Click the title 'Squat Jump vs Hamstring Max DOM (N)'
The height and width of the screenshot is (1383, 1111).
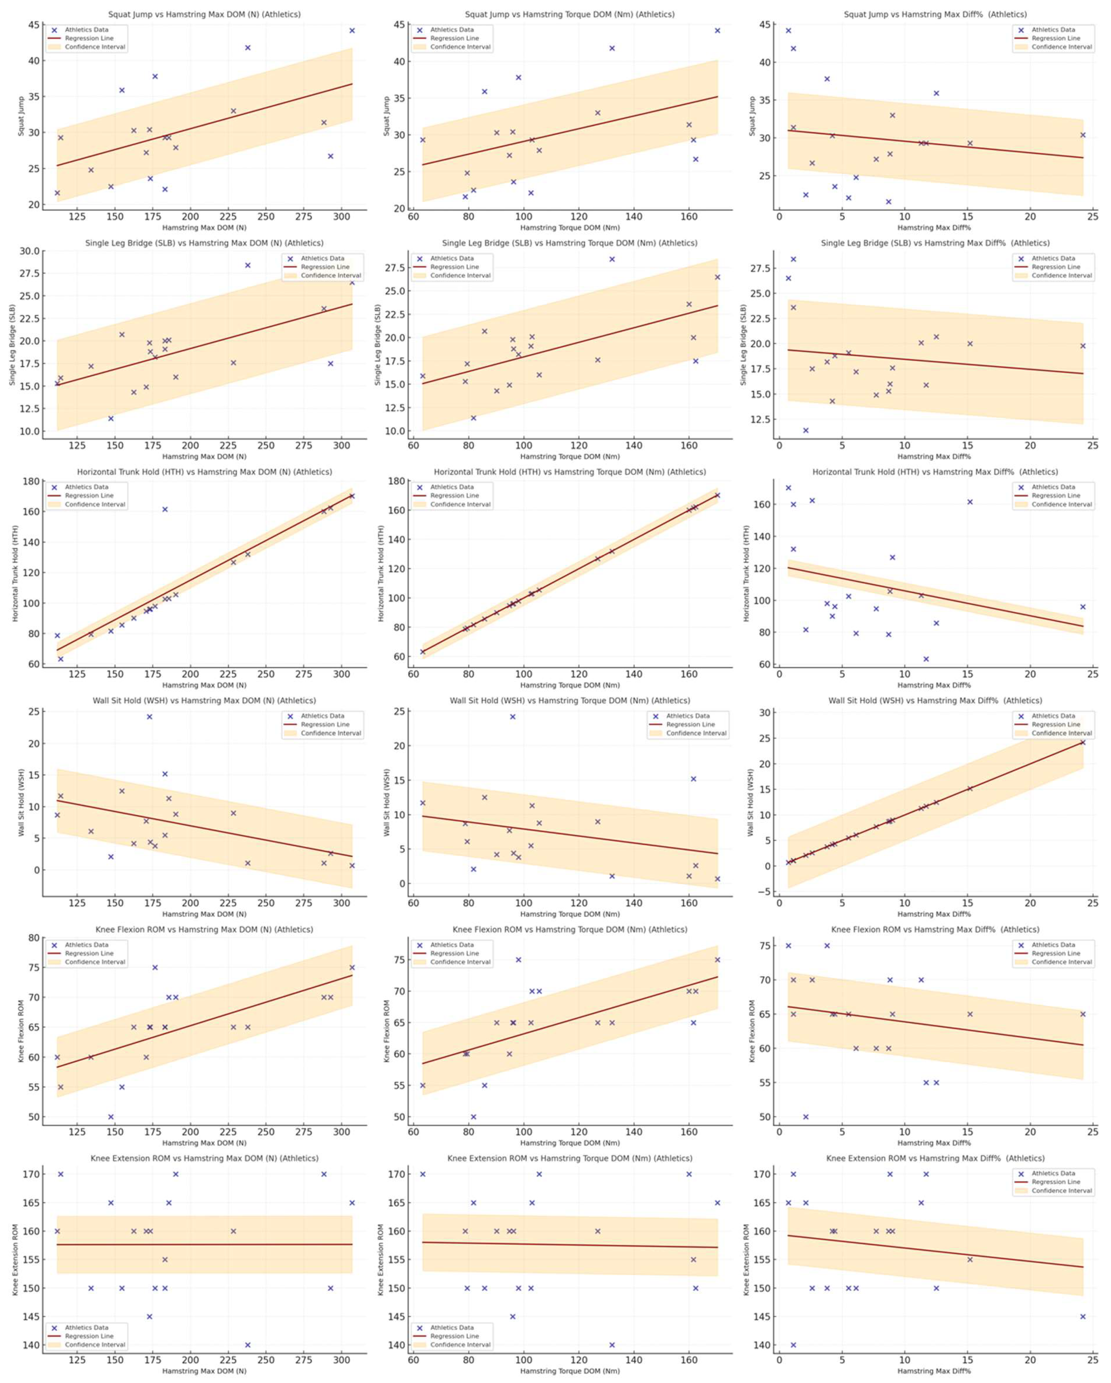point(204,14)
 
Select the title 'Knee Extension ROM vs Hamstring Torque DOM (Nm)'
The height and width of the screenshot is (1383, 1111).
point(570,1158)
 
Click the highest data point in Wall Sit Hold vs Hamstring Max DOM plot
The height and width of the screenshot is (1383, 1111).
point(149,717)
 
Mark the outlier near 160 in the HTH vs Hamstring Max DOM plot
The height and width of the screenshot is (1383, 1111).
point(165,509)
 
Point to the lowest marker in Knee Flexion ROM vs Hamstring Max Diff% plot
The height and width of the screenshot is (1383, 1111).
point(806,1117)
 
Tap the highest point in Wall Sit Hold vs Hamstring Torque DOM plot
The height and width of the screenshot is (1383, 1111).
point(513,717)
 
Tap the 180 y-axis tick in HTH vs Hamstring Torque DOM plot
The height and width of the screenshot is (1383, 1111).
point(398,481)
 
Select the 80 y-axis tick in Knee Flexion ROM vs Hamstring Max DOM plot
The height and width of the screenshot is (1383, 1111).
point(33,938)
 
